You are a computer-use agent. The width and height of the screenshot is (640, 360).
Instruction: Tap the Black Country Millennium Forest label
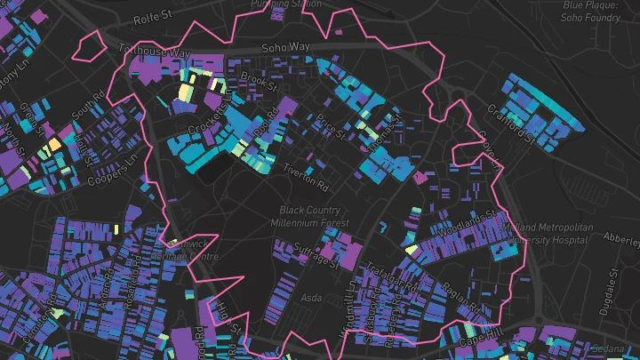pyautogui.click(x=314, y=216)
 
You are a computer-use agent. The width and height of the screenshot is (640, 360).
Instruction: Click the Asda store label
pyautogui.click(x=311, y=297)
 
